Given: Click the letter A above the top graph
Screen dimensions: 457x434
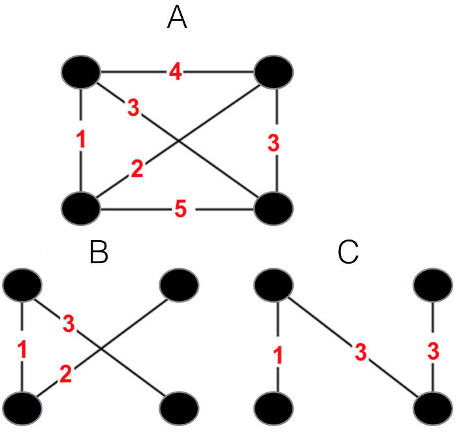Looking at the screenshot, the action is [x=177, y=18].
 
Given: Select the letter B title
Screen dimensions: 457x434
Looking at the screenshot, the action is [x=99, y=252].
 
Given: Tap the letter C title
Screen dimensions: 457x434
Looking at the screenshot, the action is [x=348, y=252].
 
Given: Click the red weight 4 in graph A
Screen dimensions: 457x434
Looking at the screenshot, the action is [x=176, y=72].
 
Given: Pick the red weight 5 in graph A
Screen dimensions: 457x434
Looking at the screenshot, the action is [x=180, y=209].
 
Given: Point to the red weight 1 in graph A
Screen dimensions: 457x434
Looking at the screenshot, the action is [x=82, y=140].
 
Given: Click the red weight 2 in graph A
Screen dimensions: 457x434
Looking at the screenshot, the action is [x=137, y=168].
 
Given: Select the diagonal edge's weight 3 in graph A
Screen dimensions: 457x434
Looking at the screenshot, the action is [x=133, y=108].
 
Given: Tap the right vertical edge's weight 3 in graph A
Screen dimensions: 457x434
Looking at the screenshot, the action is [x=274, y=143].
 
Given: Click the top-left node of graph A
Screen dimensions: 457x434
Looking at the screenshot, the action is [x=81, y=71].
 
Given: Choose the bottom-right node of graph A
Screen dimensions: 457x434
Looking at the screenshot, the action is [x=274, y=209].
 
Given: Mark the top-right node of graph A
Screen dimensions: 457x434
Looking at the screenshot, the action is [x=274, y=72].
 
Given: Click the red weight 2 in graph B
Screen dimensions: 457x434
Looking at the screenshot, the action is [x=66, y=375].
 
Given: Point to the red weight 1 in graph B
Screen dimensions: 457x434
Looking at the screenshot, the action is [x=22, y=350].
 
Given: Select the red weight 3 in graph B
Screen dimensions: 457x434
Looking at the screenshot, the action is [x=69, y=324].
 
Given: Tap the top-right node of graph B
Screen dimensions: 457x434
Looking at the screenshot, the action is [x=179, y=285].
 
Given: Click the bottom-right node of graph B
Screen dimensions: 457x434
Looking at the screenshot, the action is [x=179, y=408].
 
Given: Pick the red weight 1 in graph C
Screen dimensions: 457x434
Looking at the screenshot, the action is [x=278, y=356].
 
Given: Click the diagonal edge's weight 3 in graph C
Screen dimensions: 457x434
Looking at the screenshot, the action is [x=361, y=352].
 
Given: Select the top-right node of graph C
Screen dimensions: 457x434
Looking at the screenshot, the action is [x=433, y=285].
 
